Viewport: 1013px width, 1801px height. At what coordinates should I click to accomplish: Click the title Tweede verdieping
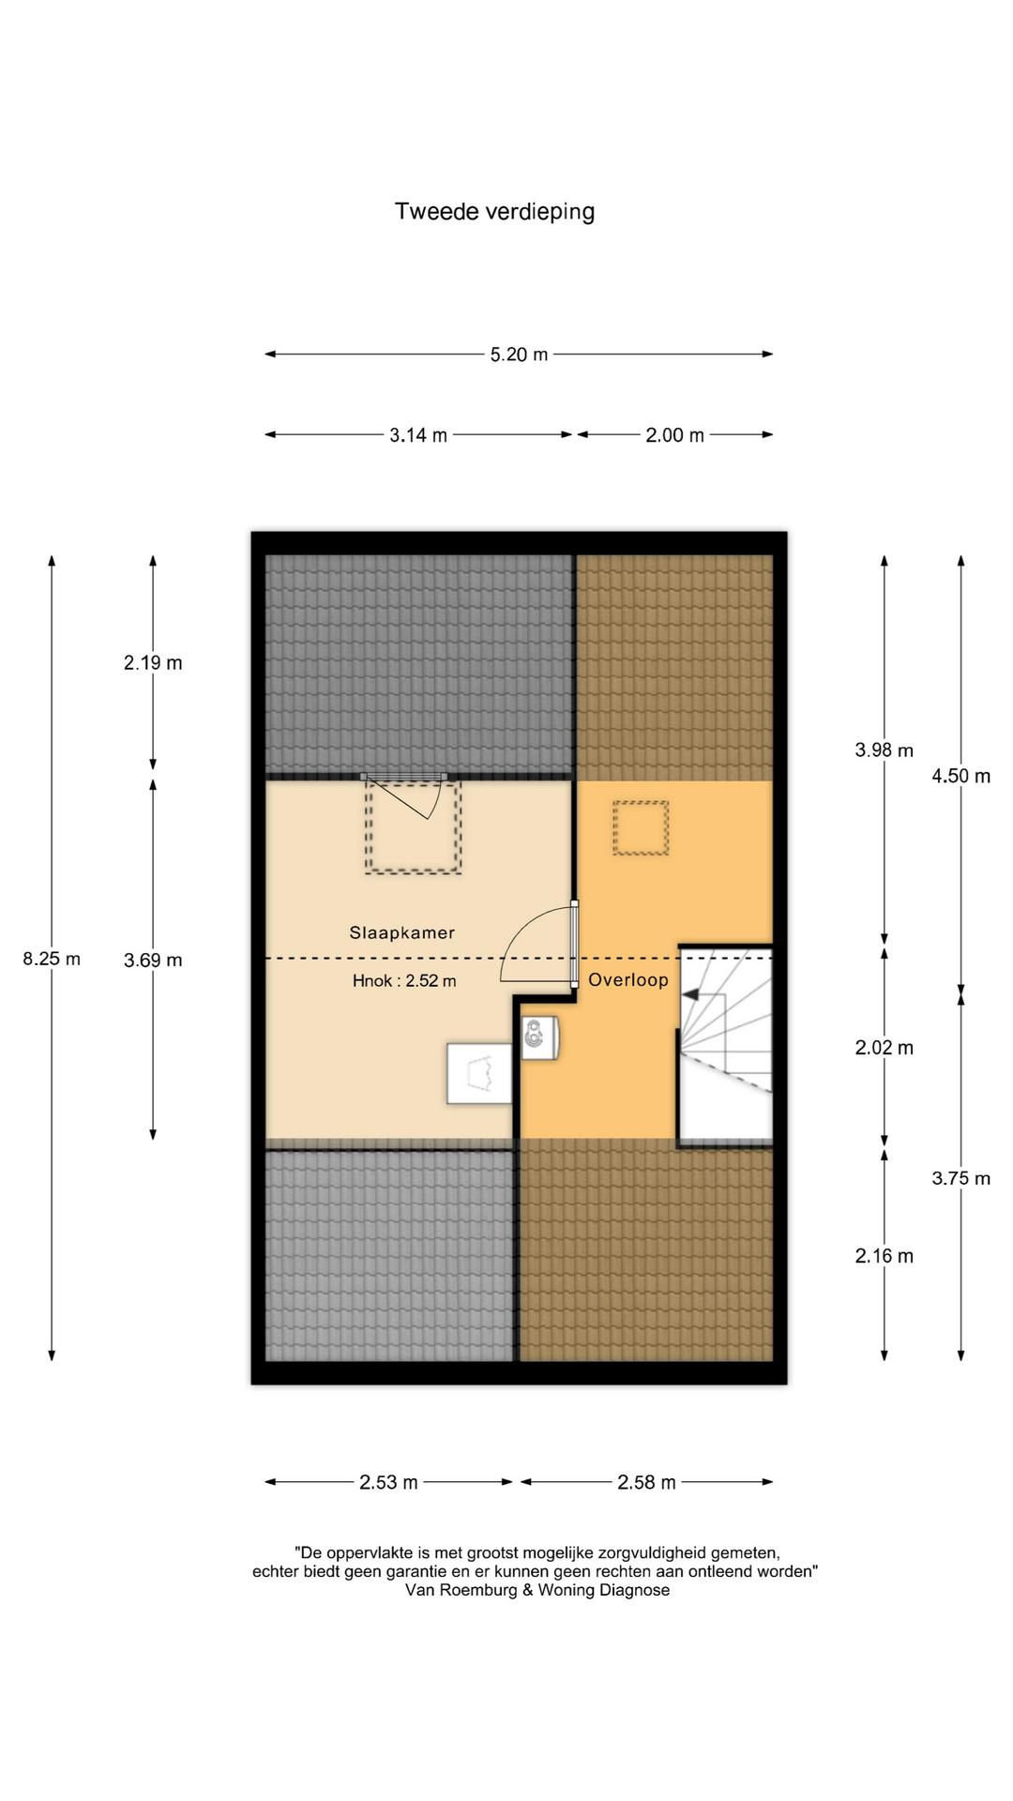click(x=494, y=212)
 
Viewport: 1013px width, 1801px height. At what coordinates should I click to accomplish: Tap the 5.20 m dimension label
click(x=519, y=355)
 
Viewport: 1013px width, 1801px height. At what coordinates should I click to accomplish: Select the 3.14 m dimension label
click(x=418, y=435)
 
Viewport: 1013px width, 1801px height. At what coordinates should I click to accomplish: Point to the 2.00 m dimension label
click(x=674, y=435)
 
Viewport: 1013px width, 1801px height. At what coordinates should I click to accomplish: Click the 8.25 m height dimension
click(x=52, y=959)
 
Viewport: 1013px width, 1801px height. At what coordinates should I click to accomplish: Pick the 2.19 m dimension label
click(x=153, y=663)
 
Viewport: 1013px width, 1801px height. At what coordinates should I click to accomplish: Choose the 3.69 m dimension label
click(x=153, y=960)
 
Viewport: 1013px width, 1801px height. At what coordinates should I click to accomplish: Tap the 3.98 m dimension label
click(x=884, y=750)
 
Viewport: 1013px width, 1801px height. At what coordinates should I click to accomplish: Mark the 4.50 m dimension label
click(x=960, y=776)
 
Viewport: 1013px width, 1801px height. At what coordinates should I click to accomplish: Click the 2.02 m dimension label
click(x=884, y=1048)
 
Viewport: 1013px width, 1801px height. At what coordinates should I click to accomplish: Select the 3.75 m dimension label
click(x=960, y=1178)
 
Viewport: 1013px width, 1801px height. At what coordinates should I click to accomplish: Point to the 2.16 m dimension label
click(x=884, y=1256)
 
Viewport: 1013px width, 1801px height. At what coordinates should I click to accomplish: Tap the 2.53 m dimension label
click(x=388, y=1482)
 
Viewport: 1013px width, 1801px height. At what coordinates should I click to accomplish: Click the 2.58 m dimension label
click(x=646, y=1482)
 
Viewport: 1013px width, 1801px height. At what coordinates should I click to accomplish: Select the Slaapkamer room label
click(x=402, y=932)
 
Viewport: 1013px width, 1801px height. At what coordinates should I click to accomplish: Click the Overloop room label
click(x=628, y=980)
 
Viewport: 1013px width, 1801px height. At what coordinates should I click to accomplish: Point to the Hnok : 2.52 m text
click(x=404, y=981)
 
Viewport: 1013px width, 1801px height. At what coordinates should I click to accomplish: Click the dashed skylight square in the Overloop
click(x=641, y=828)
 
